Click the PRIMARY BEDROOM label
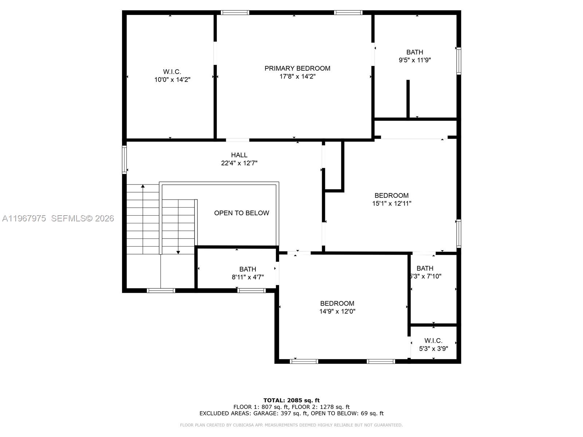coord(297,68)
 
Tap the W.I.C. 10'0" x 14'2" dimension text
coord(172,80)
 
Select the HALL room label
coord(239,155)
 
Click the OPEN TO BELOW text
coord(242,213)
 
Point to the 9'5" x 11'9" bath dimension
coord(415,60)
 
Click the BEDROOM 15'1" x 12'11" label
coord(391,200)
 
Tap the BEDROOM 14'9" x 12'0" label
coord(337,307)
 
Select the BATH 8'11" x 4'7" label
coord(248,273)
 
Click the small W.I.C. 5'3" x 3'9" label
coord(433,345)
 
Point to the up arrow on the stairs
coord(143,187)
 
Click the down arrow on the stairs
coord(178,252)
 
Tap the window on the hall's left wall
coord(124,160)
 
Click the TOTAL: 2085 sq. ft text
coord(291,400)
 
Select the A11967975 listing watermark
coord(24,219)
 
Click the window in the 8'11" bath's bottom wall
coord(251,290)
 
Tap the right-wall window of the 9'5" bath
coord(459,61)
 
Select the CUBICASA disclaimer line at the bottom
coord(291,425)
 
